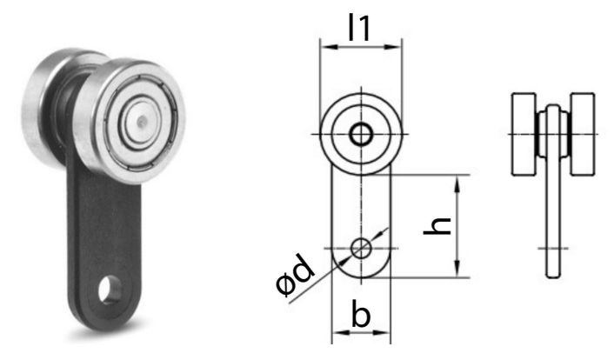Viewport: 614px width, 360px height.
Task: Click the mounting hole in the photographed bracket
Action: tap(110, 288)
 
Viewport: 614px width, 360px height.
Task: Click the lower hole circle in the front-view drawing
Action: tap(360, 249)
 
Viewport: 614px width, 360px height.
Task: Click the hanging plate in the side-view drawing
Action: tap(551, 217)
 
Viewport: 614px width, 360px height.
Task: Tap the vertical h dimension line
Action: tap(458, 226)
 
